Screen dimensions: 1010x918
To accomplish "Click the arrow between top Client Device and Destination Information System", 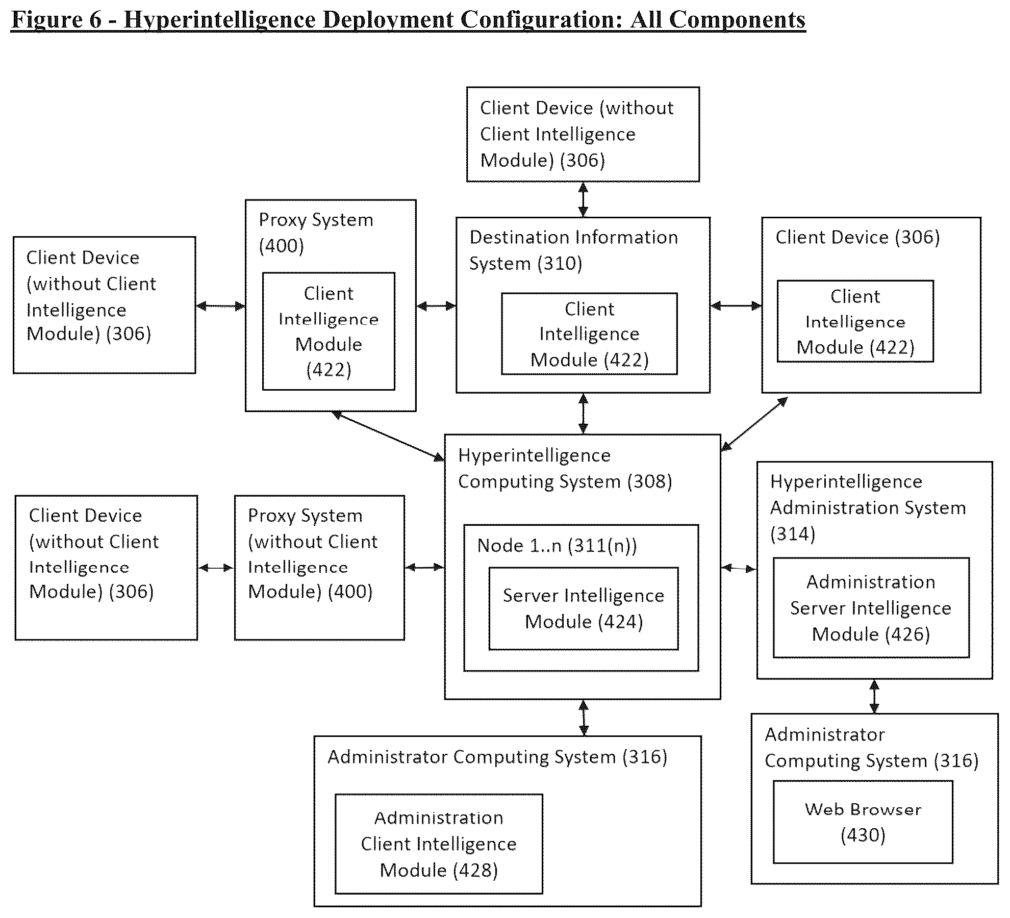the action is point(583,199).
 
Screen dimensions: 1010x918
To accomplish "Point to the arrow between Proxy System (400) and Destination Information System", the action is point(436,306).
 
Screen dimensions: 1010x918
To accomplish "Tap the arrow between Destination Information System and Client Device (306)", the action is point(736,306).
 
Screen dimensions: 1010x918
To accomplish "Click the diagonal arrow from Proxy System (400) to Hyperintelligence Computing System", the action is point(388,437).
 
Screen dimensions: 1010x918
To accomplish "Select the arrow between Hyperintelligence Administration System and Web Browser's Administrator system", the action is point(874,696).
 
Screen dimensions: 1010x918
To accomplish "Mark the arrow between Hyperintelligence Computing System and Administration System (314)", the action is point(738,568).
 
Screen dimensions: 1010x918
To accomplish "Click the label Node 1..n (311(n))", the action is point(557,546).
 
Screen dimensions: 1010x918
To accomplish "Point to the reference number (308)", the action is point(649,481).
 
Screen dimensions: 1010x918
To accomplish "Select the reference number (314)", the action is point(793,534).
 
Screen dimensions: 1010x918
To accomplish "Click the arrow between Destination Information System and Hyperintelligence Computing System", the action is point(583,414).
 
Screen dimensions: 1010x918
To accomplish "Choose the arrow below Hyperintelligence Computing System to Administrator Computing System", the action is point(584,718).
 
